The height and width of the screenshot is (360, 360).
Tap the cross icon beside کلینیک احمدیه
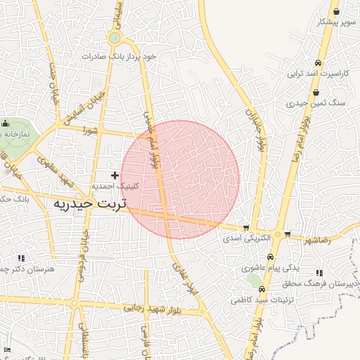(x=115, y=174)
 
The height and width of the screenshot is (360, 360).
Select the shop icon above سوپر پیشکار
(x=336, y=11)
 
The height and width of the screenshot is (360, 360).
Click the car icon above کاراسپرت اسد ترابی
(x=319, y=63)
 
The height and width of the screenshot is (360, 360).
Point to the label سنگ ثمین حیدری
(x=316, y=103)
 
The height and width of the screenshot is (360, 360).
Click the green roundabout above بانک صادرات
(x=114, y=38)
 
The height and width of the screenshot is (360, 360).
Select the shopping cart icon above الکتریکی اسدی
(x=245, y=228)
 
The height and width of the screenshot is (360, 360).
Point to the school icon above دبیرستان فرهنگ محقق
(x=320, y=273)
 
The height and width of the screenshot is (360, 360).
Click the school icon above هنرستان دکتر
(x=21, y=258)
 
